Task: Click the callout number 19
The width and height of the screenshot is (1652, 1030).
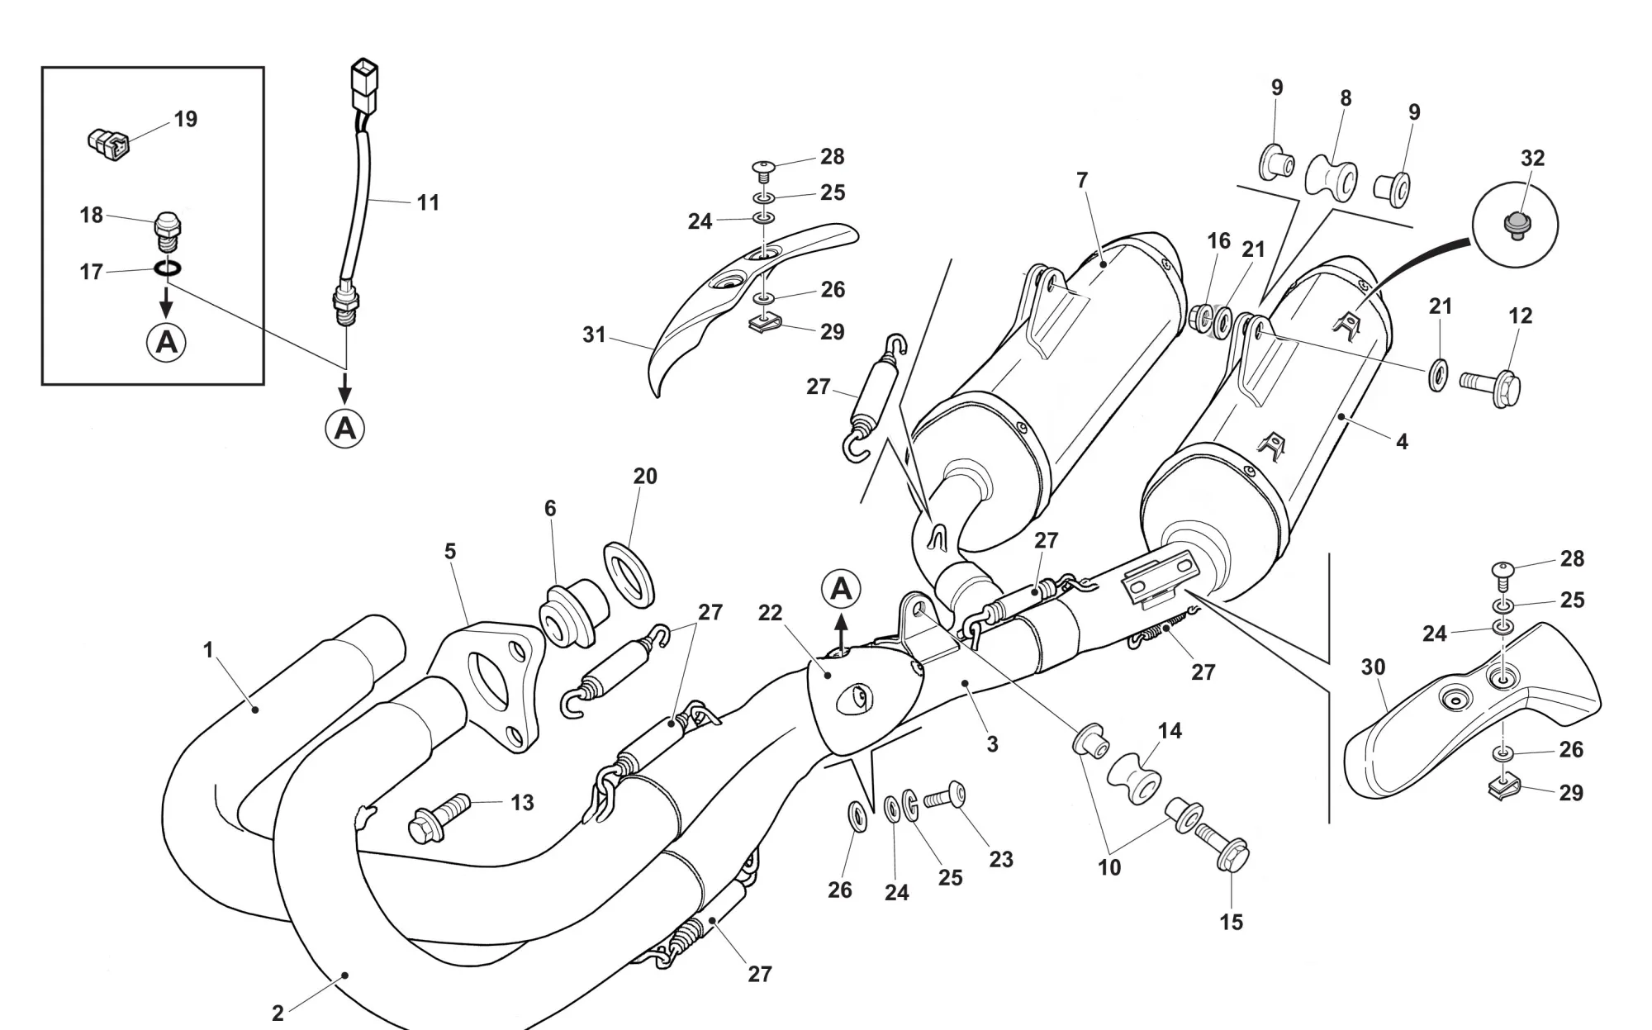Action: [186, 120]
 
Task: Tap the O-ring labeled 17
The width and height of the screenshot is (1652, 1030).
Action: [169, 268]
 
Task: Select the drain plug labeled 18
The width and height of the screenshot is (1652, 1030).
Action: [168, 230]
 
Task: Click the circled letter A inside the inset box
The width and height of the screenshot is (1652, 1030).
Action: [167, 341]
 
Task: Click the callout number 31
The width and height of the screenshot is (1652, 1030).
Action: [594, 335]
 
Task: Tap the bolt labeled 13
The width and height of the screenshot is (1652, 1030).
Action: [439, 818]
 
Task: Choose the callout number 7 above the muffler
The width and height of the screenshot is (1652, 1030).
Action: [1082, 180]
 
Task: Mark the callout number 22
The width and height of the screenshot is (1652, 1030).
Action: [770, 614]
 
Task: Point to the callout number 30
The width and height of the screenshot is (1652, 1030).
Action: [1373, 667]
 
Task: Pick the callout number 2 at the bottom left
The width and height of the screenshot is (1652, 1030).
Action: [278, 1013]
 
